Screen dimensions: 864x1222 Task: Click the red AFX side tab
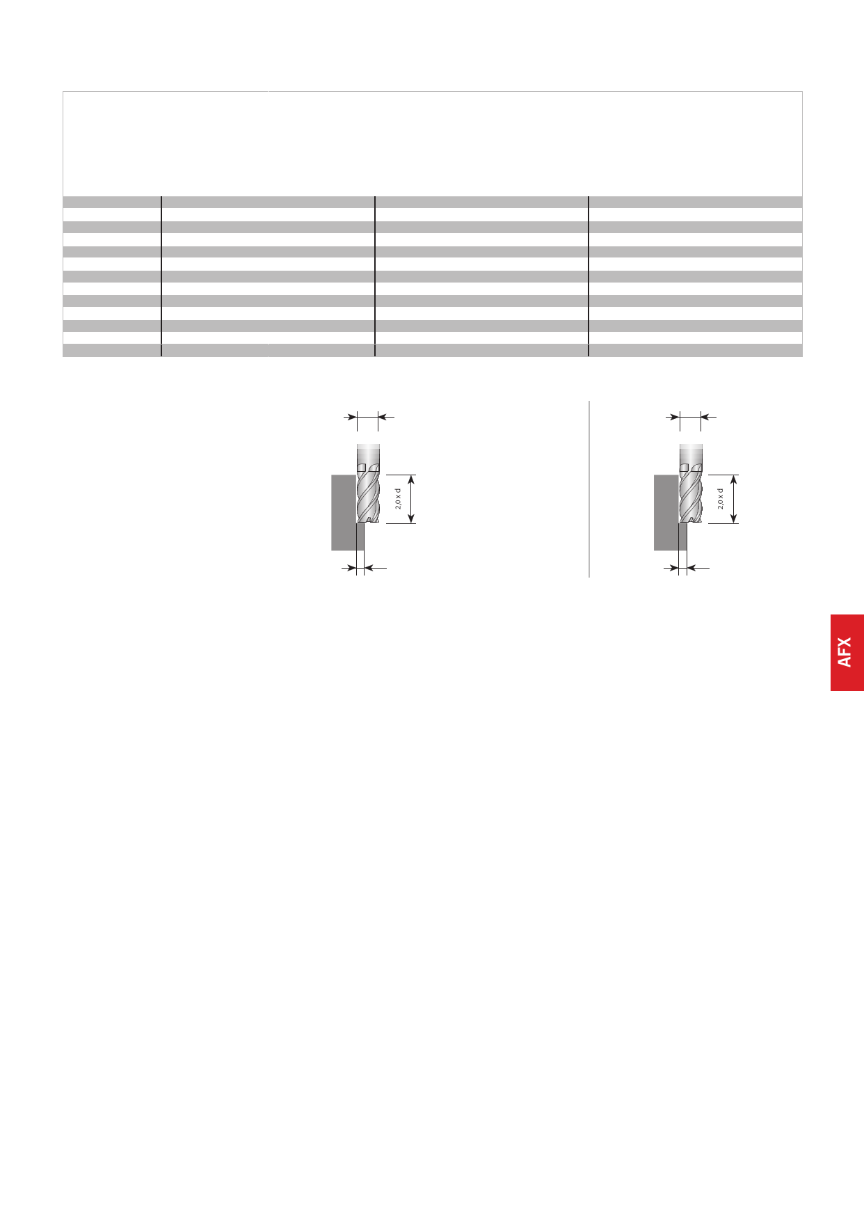tap(847, 653)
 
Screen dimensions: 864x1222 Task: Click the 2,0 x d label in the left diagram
tap(399, 499)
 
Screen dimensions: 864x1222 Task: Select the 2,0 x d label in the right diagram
tap(721, 499)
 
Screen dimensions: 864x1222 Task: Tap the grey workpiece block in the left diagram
tap(346, 512)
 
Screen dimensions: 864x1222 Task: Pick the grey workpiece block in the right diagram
tap(669, 512)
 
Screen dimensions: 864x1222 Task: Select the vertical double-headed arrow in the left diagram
tap(411, 499)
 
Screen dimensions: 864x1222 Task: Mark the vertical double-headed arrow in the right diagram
tap(734, 499)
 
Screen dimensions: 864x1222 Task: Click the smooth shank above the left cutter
tap(369, 453)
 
